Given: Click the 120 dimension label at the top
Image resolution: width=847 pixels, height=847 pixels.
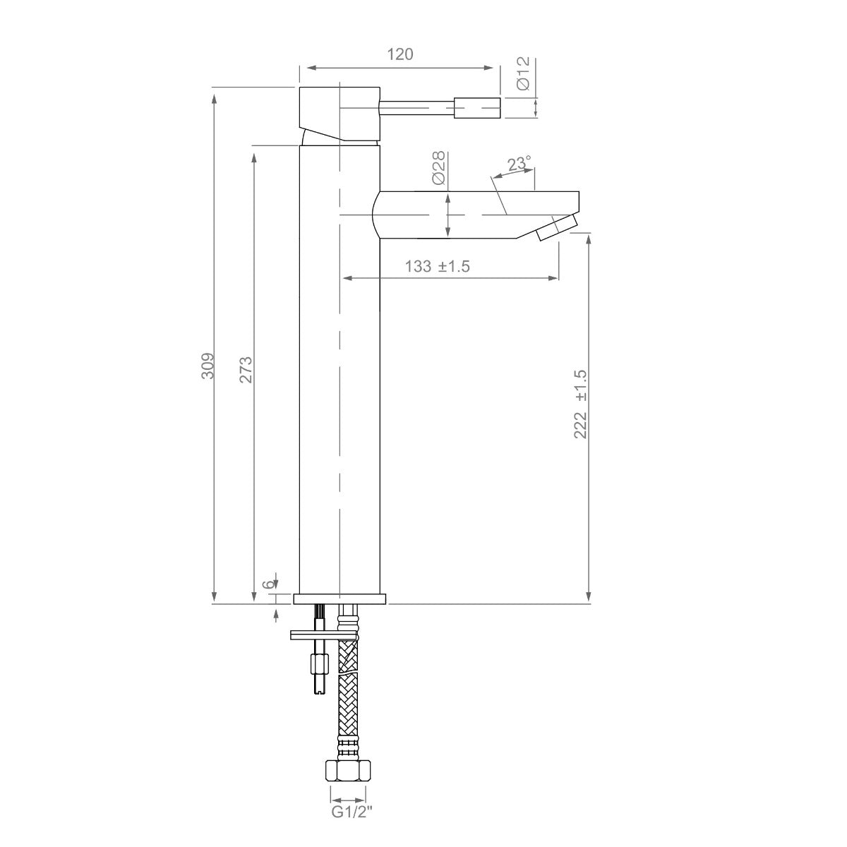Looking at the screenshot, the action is coord(400,54).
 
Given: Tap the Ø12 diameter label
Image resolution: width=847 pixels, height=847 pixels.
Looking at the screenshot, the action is coord(524,73).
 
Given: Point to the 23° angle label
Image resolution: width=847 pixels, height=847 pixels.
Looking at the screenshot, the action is coord(520,164).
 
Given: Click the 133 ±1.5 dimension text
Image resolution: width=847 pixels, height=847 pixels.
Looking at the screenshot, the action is coord(438,266).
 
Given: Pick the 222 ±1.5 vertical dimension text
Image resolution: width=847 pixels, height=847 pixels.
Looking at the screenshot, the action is coord(580,404).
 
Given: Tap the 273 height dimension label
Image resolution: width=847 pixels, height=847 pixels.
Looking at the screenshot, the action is coord(246,370).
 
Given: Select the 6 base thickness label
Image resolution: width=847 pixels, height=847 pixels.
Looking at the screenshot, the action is coord(268,583).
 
